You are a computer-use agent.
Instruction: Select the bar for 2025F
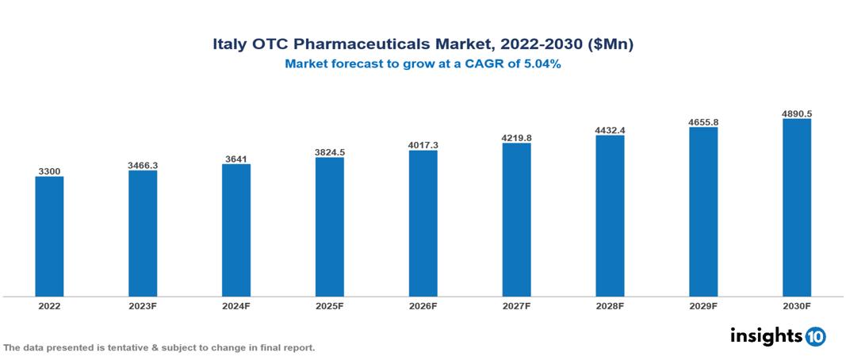coord(329,227)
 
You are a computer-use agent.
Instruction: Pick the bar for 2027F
coord(516,220)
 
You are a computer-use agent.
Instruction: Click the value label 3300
coord(49,171)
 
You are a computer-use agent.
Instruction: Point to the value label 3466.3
coord(143,165)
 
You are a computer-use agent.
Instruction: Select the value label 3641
coord(236,159)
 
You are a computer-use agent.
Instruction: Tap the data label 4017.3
coord(423,145)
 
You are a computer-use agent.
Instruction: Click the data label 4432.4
coord(610,130)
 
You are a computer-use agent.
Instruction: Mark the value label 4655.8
coord(703,122)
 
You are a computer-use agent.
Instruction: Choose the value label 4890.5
coord(796,113)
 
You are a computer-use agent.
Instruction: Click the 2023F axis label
coord(143,305)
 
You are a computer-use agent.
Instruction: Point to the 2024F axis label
coord(236,305)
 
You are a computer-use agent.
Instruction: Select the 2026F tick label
coord(423,305)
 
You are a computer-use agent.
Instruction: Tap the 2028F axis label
coord(610,305)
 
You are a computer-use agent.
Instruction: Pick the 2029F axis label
coord(703,305)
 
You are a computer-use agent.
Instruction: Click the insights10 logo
coord(777,336)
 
